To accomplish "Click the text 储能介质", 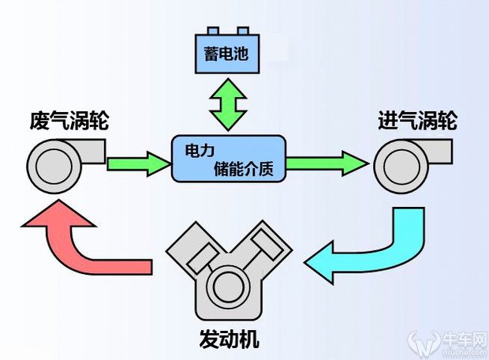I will [x=243, y=168].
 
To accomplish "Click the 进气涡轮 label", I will [x=417, y=122].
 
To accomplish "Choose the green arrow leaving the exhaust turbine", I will [x=138, y=163].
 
